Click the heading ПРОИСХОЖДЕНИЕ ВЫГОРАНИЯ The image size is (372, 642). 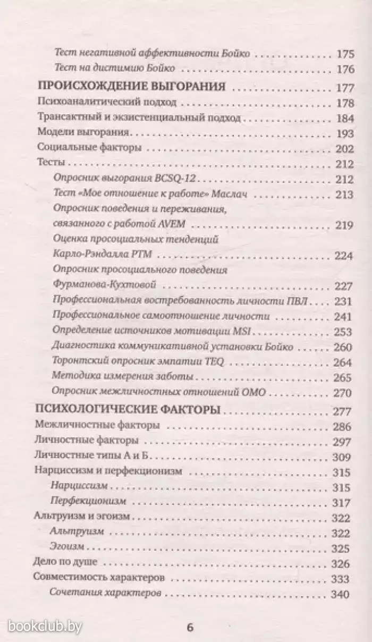click(130, 87)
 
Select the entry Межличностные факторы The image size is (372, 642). click(97, 426)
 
